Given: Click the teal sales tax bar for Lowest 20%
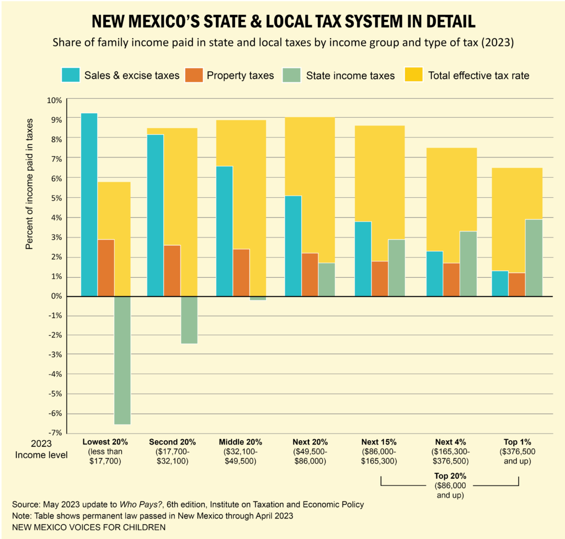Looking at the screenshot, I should click(x=89, y=204).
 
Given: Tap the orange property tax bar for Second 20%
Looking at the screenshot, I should click(x=172, y=271).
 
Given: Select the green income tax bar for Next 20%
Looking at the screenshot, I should click(x=327, y=279).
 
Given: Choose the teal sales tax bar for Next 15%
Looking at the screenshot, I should click(x=363, y=258).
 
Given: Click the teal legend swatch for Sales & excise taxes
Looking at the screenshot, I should click(x=72, y=75).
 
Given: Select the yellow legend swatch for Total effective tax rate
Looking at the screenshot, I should click(x=414, y=75).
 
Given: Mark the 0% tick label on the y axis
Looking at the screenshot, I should click(x=57, y=297).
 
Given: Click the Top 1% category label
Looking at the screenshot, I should click(x=518, y=442).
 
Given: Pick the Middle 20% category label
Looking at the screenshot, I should click(x=240, y=442).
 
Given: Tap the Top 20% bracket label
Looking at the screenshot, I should click(x=450, y=475).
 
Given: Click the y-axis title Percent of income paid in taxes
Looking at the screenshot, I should click(x=30, y=183).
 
